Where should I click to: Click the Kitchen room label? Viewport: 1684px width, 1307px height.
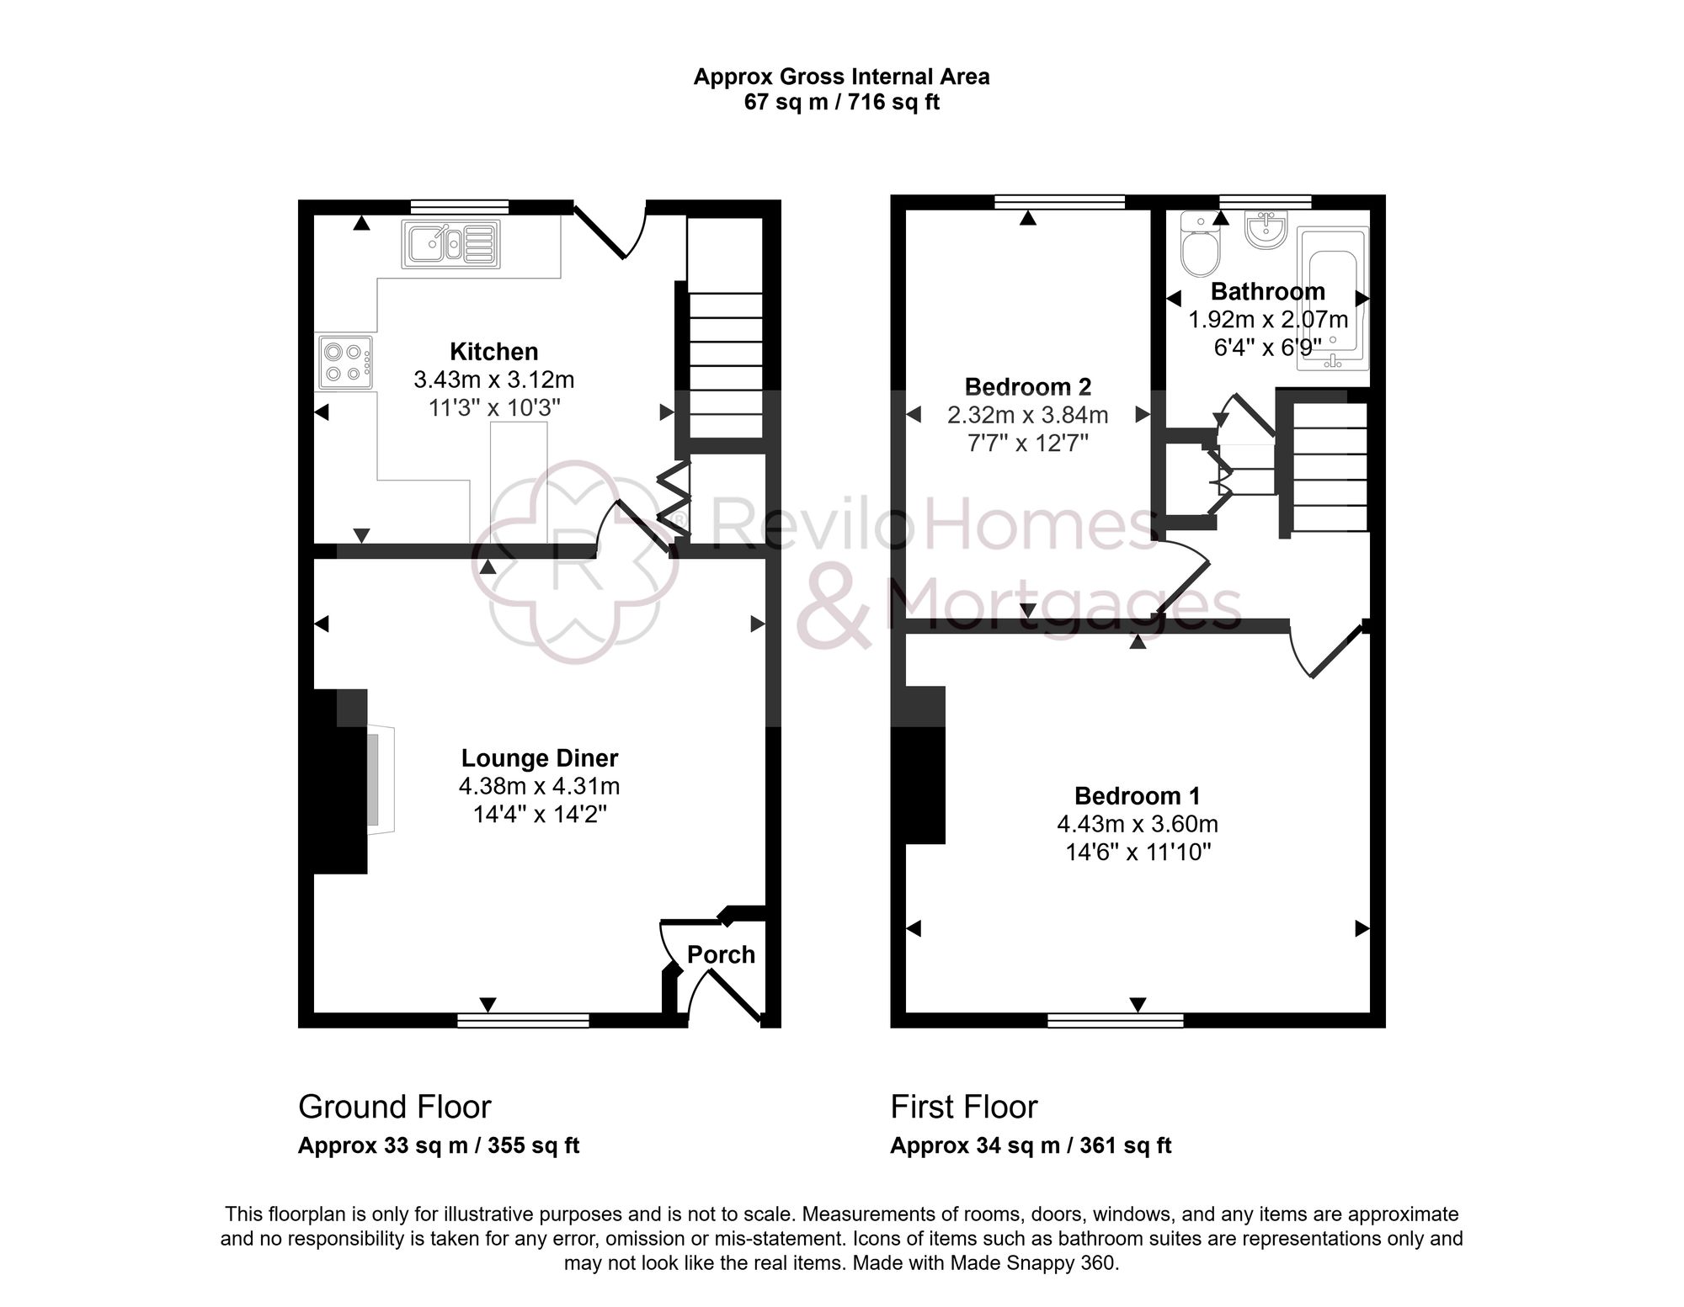(493, 351)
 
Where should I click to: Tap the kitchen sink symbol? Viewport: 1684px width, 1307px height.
(450, 245)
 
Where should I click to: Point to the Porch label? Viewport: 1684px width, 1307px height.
(721, 954)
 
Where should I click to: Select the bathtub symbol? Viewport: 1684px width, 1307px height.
(1332, 299)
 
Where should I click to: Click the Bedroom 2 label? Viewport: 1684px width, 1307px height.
(1027, 386)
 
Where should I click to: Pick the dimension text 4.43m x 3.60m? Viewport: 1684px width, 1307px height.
(1137, 824)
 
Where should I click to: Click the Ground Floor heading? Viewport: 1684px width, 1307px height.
(394, 1107)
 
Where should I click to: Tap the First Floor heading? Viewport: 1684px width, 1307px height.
(963, 1107)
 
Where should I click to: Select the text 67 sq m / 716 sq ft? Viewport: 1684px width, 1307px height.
(841, 103)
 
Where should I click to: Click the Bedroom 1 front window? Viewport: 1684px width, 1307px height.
(1115, 1020)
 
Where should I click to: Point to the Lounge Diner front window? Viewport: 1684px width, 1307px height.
(523, 1020)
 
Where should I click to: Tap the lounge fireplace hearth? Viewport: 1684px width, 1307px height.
(381, 778)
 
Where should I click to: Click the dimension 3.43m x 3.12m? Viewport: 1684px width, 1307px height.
(493, 380)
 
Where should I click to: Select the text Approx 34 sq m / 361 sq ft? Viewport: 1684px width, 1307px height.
(1031, 1145)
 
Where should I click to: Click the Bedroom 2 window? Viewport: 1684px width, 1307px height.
(1059, 201)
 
